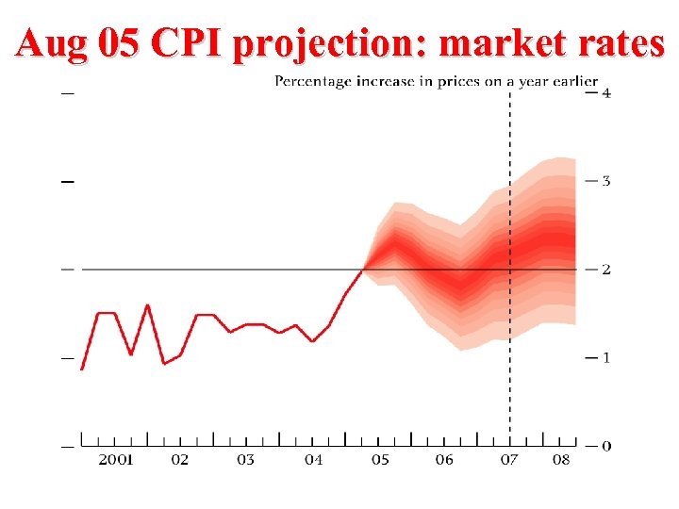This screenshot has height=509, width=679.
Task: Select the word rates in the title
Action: tap(620, 43)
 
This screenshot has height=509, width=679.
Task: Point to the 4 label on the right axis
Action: tap(605, 92)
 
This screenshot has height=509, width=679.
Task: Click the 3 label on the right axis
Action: tap(605, 180)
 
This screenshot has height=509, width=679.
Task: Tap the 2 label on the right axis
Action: tap(605, 270)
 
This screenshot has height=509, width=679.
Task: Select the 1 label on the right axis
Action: tap(605, 358)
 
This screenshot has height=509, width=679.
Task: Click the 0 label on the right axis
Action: tap(605, 446)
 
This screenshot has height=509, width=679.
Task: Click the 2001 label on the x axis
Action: tap(116, 460)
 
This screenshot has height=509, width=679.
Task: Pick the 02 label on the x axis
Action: tap(179, 460)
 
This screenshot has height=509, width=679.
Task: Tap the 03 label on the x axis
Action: tap(245, 460)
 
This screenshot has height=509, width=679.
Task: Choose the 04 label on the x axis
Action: tap(313, 460)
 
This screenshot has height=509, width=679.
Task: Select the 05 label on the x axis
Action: tap(379, 460)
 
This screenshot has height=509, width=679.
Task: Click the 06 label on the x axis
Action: tap(444, 460)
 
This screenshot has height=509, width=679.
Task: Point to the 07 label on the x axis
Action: tap(509, 460)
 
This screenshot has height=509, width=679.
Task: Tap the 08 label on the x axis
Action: tap(561, 460)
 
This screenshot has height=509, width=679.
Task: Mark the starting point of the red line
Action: tap(82, 369)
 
